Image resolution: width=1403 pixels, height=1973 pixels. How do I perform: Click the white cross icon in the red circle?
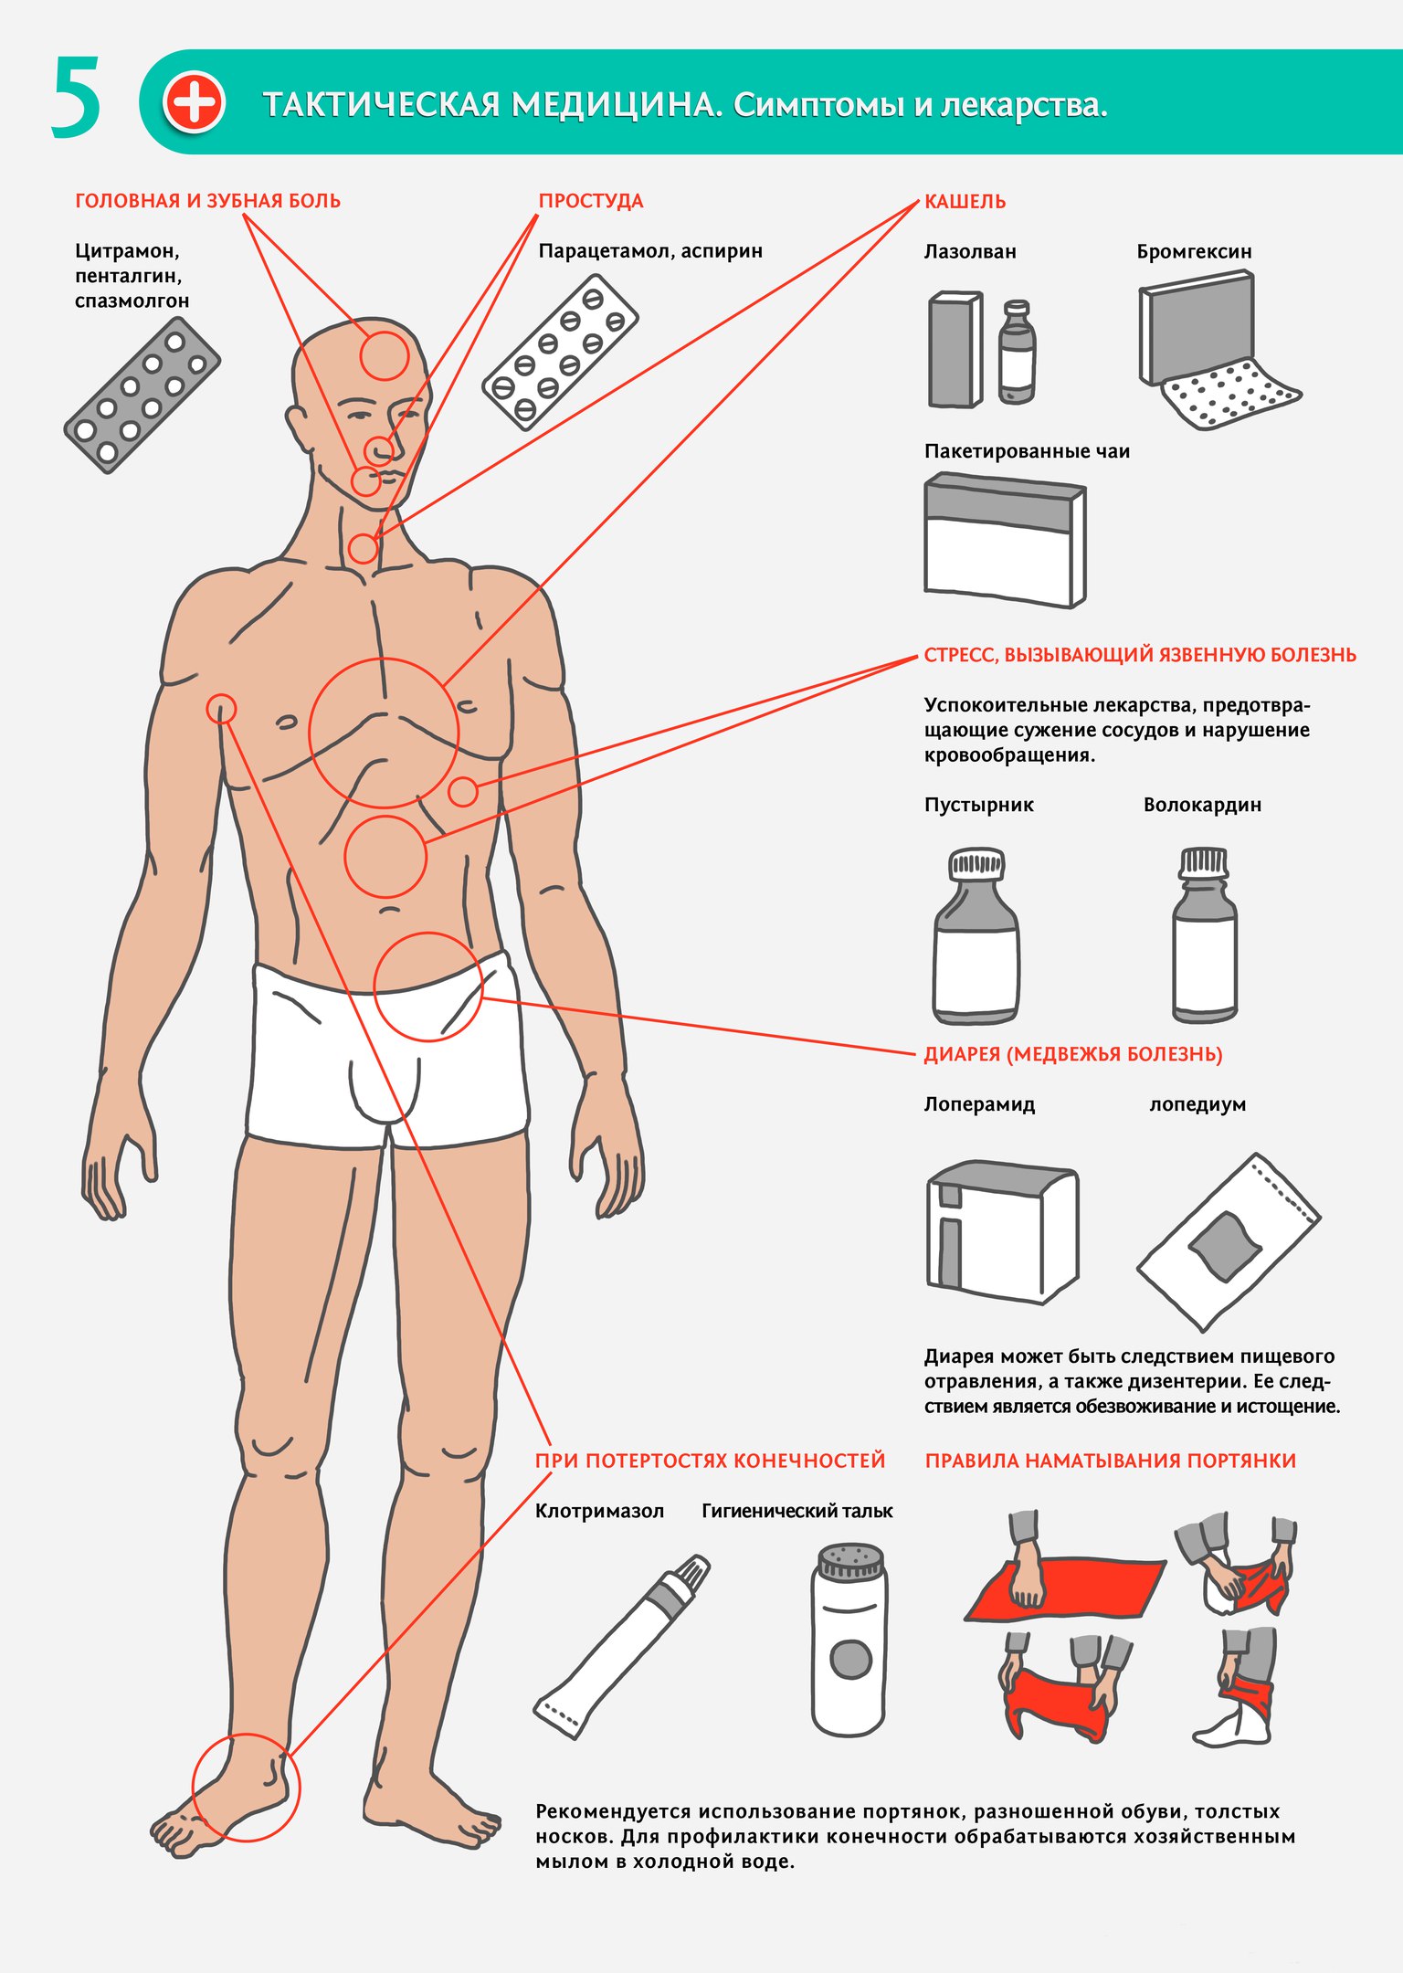tap(194, 102)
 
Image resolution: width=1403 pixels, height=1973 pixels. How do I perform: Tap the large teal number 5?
tap(75, 98)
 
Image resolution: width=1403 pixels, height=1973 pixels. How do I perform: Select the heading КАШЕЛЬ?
tap(965, 202)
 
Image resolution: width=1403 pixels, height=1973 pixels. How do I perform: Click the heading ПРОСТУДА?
tap(591, 201)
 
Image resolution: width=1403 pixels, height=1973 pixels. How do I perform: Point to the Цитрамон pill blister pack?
tap(142, 395)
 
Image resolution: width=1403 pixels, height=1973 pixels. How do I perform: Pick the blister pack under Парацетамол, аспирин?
tap(560, 352)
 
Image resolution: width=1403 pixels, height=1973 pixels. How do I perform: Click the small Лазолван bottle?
tap(1017, 353)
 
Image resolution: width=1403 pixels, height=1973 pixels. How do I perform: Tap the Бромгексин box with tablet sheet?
tap(1215, 350)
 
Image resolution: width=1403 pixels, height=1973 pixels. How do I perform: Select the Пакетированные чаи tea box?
tap(1005, 540)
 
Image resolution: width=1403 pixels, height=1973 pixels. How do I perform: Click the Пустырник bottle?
tap(976, 935)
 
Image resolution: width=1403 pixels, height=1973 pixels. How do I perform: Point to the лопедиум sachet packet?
tap(1229, 1242)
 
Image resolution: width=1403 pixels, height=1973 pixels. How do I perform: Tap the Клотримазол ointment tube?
tap(621, 1643)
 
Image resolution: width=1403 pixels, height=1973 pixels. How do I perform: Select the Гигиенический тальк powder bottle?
tap(849, 1641)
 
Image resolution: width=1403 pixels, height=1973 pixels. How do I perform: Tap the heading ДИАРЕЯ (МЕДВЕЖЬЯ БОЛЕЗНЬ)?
tap(1073, 1054)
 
